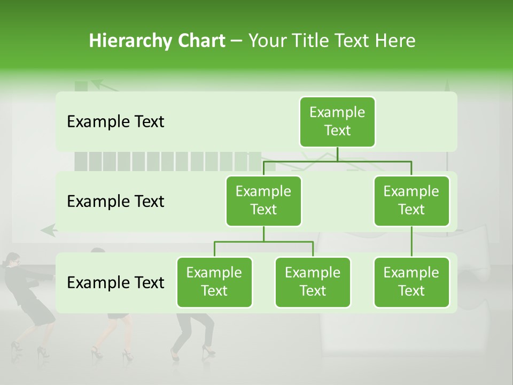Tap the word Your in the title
point(267,41)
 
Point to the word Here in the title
point(395,41)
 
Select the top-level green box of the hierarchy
point(337,121)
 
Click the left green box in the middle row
point(263,201)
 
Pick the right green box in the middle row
point(411,201)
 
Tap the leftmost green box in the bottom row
point(214,282)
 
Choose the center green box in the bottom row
point(313,282)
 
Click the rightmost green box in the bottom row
point(411,282)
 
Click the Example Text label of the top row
point(115,122)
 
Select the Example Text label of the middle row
point(115,202)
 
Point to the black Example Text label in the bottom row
point(115,282)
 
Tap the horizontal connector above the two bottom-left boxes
point(263,242)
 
